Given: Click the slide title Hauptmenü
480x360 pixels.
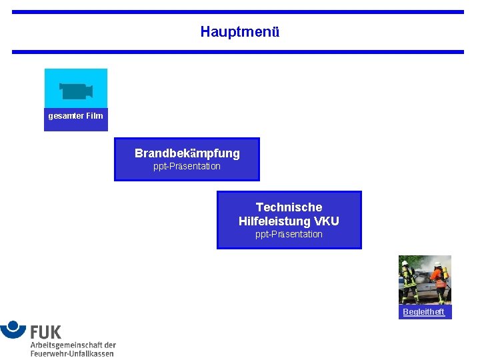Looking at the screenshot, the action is [x=239, y=31].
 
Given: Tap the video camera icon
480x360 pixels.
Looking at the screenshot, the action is [x=75, y=91].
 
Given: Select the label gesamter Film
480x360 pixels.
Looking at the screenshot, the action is [x=75, y=116].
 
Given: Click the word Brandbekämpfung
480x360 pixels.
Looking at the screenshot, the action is [x=187, y=153].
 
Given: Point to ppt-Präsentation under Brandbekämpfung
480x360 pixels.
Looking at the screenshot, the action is [x=187, y=167].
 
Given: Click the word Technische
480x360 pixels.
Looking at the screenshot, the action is [x=289, y=207].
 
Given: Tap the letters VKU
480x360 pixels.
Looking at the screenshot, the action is [x=326, y=221].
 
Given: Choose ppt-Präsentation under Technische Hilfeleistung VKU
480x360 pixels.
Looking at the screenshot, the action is [x=289, y=235].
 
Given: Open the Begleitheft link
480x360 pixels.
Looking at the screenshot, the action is [x=423, y=312].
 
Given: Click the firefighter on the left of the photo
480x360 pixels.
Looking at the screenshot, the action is [x=407, y=281].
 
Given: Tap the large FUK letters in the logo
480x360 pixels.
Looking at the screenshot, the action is [x=45, y=331].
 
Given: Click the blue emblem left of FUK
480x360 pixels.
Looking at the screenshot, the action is [x=13, y=329].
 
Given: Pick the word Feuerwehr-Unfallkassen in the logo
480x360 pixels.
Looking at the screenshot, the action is [x=72, y=353].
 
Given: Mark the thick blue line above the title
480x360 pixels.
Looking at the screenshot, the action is [x=237, y=12].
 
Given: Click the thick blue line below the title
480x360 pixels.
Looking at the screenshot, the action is [x=237, y=52].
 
